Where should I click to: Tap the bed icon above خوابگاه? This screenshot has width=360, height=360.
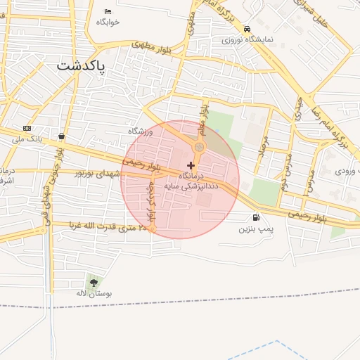pyautogui.click(x=108, y=11)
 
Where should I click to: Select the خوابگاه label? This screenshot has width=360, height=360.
pyautogui.click(x=108, y=22)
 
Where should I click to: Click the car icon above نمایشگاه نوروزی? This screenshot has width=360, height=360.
pyautogui.click(x=247, y=29)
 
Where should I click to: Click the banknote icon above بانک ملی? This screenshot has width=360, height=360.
pyautogui.click(x=27, y=128)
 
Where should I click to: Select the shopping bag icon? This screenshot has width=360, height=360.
pyautogui.click(x=63, y=136)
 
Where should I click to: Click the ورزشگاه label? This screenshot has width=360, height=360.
pyautogui.click(x=140, y=131)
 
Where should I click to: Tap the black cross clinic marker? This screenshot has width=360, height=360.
pyautogui.click(x=191, y=165)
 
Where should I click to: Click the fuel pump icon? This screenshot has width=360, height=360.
pyautogui.click(x=255, y=218)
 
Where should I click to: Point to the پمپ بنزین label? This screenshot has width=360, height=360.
pyautogui.click(x=255, y=229)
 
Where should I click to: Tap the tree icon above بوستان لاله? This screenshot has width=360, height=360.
pyautogui.click(x=94, y=282)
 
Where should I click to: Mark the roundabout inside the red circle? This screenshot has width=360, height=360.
pyautogui.click(x=199, y=147)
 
